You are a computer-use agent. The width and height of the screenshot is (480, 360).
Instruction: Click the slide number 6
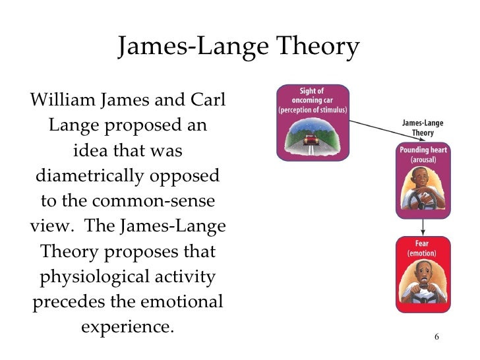click(x=437, y=337)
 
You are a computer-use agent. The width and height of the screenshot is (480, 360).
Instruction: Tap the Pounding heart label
click(x=423, y=150)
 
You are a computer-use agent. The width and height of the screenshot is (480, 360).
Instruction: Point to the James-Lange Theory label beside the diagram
click(x=423, y=127)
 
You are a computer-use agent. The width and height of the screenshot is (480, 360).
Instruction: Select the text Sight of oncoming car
click(x=312, y=96)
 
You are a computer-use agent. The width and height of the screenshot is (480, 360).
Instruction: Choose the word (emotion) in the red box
click(x=423, y=253)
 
